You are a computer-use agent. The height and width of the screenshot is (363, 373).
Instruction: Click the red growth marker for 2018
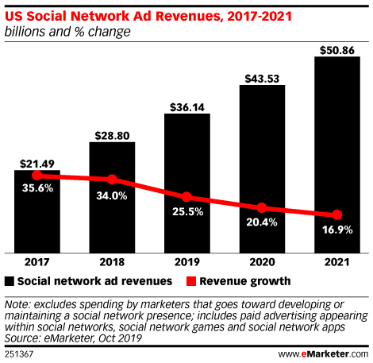(x=112, y=180)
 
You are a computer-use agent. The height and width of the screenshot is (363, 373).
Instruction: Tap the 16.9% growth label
(x=337, y=231)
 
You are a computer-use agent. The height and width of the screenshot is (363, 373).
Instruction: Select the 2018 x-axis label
(x=112, y=261)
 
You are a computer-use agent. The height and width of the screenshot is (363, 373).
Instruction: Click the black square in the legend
(x=10, y=280)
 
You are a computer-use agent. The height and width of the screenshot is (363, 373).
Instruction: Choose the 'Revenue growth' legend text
(x=244, y=280)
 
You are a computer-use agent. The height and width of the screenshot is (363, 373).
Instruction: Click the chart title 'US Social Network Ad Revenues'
(x=111, y=16)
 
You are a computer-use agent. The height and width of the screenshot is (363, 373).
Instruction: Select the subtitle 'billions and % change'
(x=67, y=32)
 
